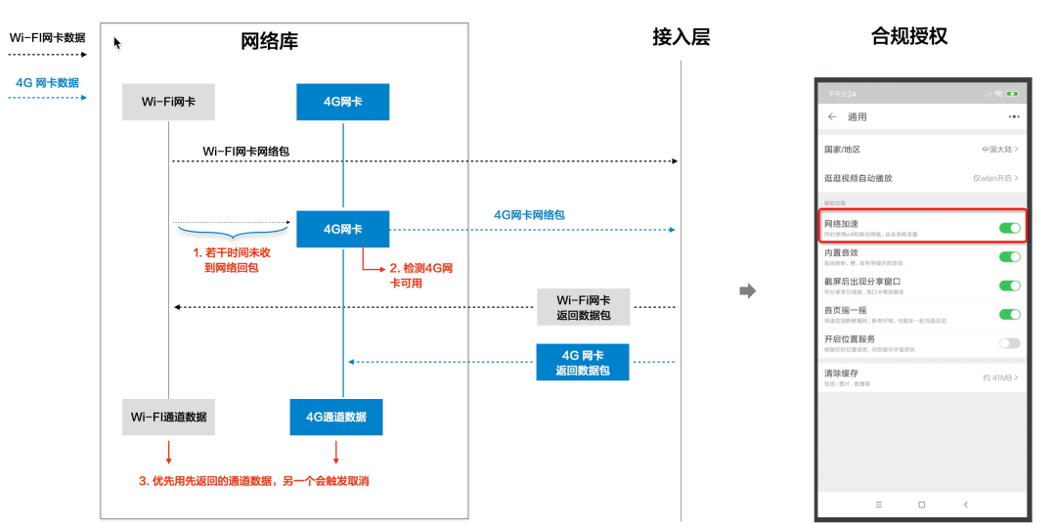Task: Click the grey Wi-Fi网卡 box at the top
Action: (x=168, y=102)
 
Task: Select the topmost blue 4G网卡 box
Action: (x=342, y=102)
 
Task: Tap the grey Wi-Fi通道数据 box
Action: (x=168, y=417)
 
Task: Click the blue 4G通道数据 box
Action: (x=336, y=417)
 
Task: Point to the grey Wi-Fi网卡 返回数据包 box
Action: (x=583, y=307)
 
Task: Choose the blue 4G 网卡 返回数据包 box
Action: (x=583, y=362)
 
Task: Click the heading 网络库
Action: (x=269, y=41)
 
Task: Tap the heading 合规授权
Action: (x=909, y=37)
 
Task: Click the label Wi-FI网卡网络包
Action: (x=245, y=152)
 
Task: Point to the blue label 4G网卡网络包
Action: (x=529, y=214)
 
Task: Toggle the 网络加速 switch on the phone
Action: (x=1009, y=228)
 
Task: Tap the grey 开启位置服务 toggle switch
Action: (x=1009, y=343)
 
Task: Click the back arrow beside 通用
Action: (x=832, y=116)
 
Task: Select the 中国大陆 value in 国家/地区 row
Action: (x=997, y=150)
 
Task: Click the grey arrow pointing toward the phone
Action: (x=747, y=290)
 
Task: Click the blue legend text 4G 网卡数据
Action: (x=47, y=83)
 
